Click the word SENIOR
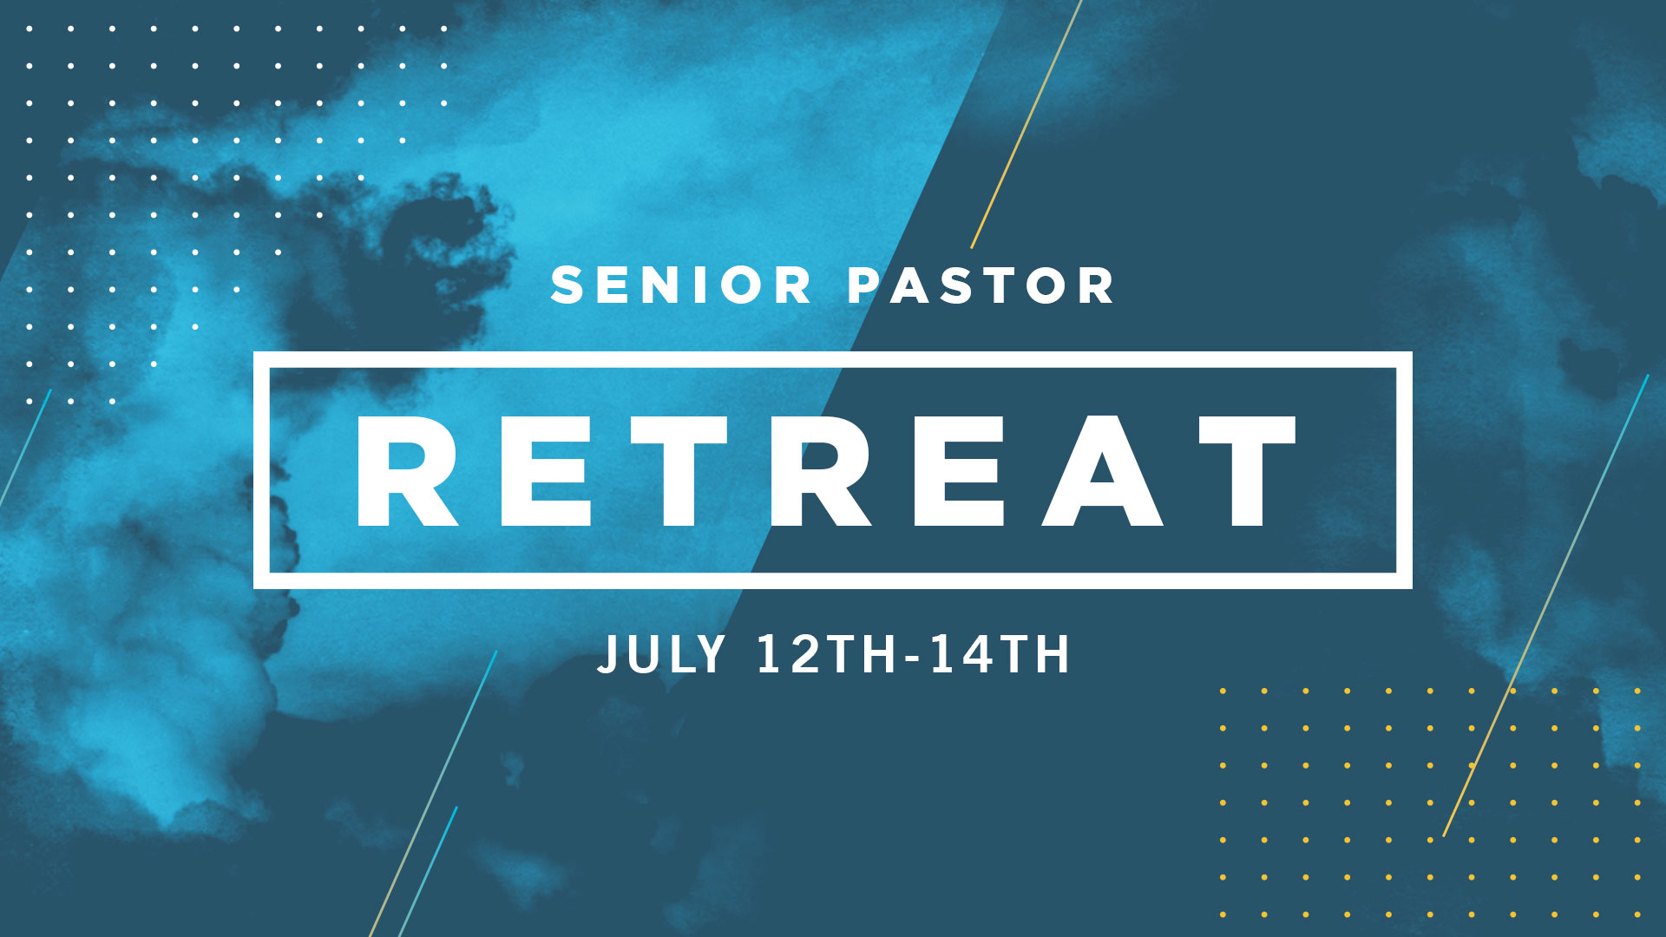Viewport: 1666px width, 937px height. pos(681,285)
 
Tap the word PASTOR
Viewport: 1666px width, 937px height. pos(981,285)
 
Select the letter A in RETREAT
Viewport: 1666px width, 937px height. pos(1102,471)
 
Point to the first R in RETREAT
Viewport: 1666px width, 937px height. pos(407,471)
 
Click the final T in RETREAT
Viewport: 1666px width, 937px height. pos(1248,471)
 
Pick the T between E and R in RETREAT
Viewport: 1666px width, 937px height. pos(679,471)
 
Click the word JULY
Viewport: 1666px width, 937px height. pos(661,654)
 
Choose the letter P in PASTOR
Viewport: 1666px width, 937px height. pos(864,285)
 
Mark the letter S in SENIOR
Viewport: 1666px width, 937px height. pos(568,285)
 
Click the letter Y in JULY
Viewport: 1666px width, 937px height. pos(708,654)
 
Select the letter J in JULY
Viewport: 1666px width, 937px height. pos(608,655)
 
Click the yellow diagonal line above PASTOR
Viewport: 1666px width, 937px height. pos(1026,124)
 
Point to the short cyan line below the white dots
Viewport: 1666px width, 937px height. pos(25,447)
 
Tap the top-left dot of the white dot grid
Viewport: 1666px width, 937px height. pos(30,29)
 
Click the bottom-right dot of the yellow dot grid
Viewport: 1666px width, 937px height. pos(1637,914)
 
